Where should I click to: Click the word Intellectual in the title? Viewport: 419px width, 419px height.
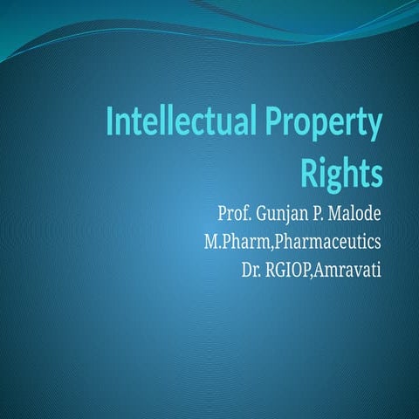coord(175,125)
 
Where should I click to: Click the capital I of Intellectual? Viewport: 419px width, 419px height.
coord(110,125)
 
